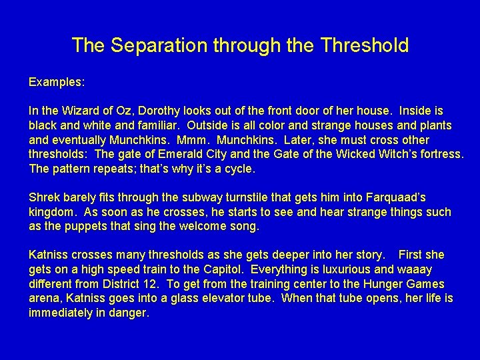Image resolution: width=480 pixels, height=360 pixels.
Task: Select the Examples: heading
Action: [57, 82]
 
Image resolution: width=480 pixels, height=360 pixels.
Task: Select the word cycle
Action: [241, 169]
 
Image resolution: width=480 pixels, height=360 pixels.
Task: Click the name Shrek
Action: [44, 197]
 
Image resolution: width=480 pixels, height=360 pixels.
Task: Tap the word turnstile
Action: [224, 197]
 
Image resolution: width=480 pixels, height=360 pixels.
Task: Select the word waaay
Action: [415, 269]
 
